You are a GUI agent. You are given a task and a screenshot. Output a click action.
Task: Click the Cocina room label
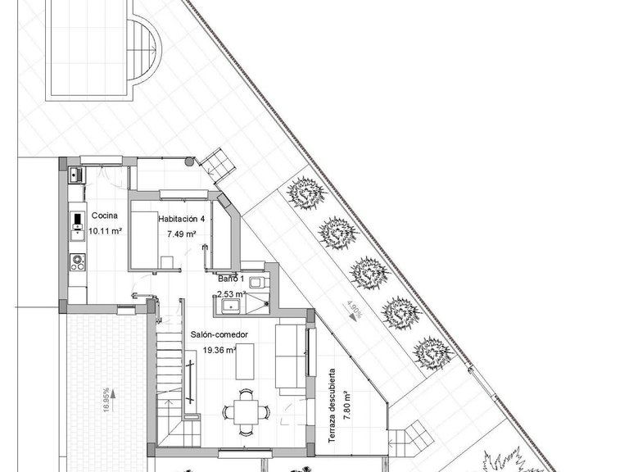click(x=105, y=216)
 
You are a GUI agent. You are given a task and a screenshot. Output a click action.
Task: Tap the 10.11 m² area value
click(x=105, y=231)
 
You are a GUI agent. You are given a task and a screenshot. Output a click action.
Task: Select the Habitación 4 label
click(x=181, y=219)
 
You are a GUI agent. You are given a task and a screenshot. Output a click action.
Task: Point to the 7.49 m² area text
click(x=181, y=234)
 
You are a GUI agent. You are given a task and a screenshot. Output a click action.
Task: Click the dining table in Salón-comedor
click(x=244, y=407)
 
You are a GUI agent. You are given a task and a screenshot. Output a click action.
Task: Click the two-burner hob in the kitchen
click(x=79, y=262)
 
